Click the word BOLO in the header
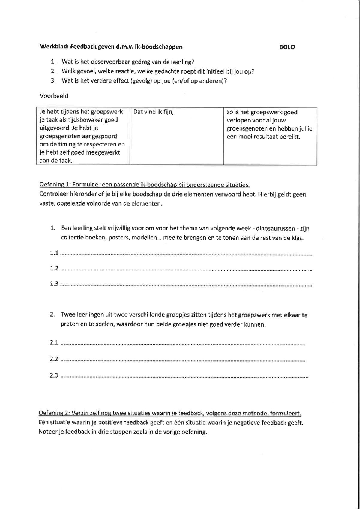pos(287,47)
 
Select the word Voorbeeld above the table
pos(54,96)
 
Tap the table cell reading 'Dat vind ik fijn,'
pos(154,112)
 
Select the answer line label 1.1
pos(54,253)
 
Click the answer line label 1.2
pos(54,268)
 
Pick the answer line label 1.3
pos(54,284)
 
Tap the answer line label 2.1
pos(54,342)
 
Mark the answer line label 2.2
pos(54,359)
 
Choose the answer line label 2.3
pos(54,375)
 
